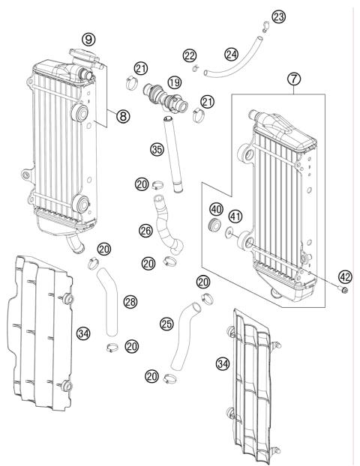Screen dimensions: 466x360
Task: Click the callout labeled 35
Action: [x=156, y=149]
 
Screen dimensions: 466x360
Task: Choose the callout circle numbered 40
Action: [x=215, y=209]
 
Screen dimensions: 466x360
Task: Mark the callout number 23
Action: [x=279, y=16]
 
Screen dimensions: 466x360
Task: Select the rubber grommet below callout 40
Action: [x=215, y=227]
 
